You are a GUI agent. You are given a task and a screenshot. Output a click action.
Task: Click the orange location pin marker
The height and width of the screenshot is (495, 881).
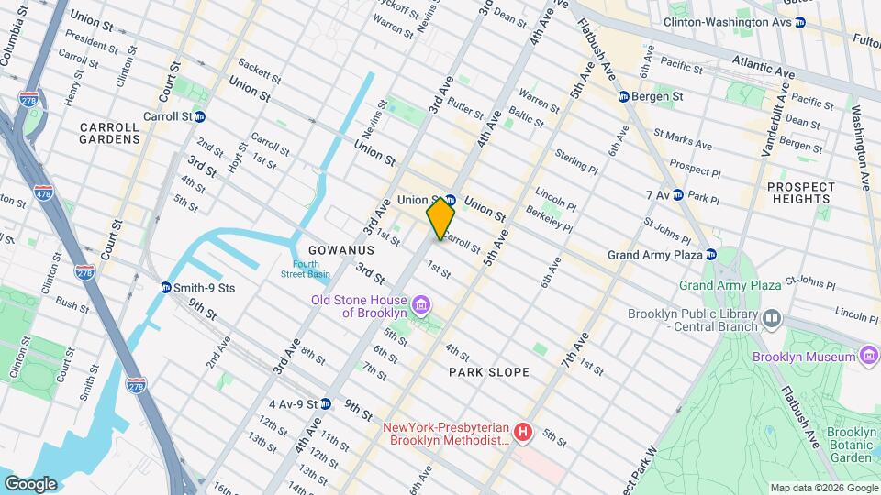pos(441,218)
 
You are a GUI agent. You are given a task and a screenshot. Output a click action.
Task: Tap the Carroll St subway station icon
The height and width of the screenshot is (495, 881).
pos(200,117)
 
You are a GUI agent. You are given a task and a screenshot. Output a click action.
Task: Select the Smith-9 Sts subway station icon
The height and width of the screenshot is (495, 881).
pos(166,288)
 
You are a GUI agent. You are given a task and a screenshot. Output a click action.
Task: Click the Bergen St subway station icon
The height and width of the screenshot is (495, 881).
pos(624,96)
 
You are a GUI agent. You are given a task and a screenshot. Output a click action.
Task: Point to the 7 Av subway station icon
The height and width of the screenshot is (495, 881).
pos(677,194)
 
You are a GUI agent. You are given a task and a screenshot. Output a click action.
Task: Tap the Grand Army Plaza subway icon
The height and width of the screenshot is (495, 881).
pos(711,255)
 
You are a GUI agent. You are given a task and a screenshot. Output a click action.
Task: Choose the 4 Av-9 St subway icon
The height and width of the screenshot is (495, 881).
pos(325,403)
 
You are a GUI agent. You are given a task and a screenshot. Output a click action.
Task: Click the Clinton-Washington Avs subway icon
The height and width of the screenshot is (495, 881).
pos(799,22)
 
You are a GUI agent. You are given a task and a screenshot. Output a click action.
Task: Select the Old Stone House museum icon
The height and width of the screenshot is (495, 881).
pos(421,304)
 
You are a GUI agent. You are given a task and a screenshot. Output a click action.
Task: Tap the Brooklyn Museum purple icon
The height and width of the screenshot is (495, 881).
pos(868,356)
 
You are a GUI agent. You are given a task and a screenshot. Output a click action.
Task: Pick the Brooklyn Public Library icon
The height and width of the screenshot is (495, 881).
pos(772,319)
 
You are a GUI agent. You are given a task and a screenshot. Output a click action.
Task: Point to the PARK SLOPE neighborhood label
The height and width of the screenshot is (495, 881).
pos(488,372)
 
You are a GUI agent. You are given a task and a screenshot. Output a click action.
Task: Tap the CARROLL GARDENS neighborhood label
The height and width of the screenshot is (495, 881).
pos(110,133)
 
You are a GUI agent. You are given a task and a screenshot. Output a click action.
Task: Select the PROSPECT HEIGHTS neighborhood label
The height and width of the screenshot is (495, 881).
pos(801,192)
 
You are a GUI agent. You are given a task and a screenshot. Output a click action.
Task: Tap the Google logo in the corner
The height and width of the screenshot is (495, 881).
pos(30,483)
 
